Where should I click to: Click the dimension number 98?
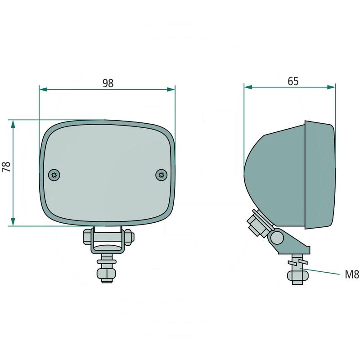point(108,83)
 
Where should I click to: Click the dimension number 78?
point(6,167)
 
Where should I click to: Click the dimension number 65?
point(293,81)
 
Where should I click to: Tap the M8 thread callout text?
point(352,274)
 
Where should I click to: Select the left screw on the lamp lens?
point(54,175)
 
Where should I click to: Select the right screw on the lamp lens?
point(161,175)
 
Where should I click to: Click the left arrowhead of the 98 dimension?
point(43,90)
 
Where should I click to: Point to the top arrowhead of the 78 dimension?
point(13,124)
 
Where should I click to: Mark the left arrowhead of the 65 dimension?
point(248,86)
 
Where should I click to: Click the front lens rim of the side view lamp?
point(320,175)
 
